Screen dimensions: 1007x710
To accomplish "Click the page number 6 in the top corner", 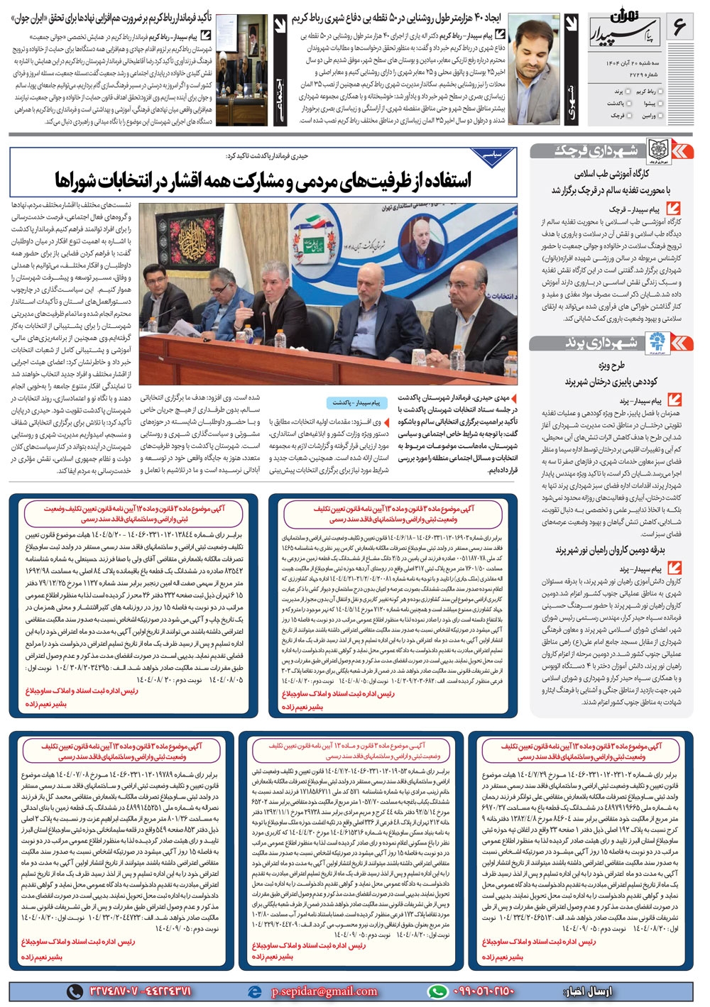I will click(x=678, y=29).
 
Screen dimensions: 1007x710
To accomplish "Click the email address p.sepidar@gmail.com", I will click(x=324, y=991).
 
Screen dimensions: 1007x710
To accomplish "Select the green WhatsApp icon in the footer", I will click(x=437, y=991).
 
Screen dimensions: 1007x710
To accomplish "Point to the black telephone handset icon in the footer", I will click(x=74, y=991).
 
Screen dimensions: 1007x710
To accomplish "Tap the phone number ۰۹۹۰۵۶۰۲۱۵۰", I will click(x=483, y=991).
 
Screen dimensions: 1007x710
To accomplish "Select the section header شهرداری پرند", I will click(x=611, y=343).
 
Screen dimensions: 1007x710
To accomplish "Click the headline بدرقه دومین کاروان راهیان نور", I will click(x=610, y=550).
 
